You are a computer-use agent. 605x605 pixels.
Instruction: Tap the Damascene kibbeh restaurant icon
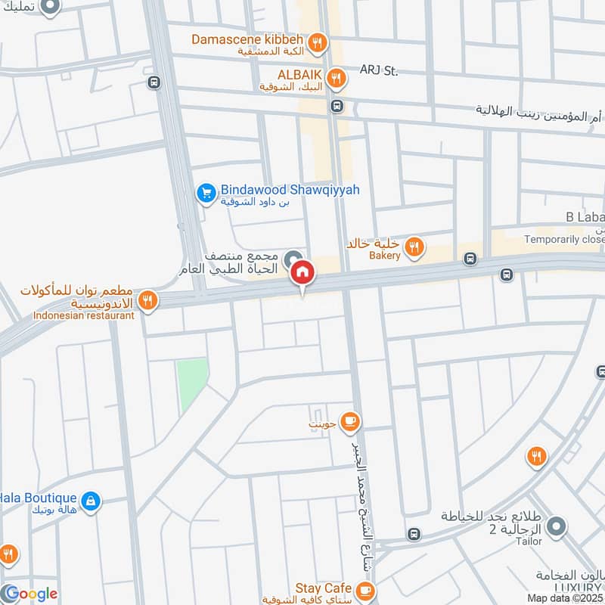(x=318, y=43)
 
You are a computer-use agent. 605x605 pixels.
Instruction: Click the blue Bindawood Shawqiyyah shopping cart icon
(x=206, y=193)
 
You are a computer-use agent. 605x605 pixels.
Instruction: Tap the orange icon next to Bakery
(x=414, y=246)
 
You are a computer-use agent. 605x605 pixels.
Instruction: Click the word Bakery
(x=385, y=256)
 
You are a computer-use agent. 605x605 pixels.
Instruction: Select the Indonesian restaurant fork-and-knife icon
(x=148, y=301)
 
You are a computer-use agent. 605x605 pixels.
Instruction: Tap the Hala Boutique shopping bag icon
(x=90, y=501)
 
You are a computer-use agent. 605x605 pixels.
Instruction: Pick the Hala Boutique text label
(x=39, y=498)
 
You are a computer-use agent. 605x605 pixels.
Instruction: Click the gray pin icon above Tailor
(x=556, y=527)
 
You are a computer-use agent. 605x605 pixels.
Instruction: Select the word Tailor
(x=529, y=541)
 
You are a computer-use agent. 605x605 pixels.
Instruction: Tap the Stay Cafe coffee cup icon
(x=365, y=589)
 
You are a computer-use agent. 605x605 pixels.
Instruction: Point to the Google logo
(x=29, y=594)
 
